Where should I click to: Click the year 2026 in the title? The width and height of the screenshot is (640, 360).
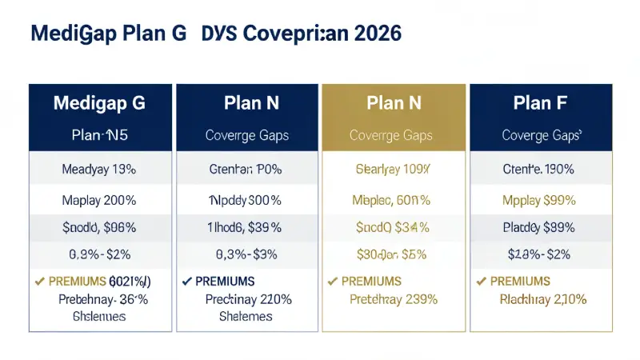click(x=374, y=34)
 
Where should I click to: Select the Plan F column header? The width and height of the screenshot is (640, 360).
click(x=541, y=103)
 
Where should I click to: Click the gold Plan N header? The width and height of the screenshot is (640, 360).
click(x=394, y=103)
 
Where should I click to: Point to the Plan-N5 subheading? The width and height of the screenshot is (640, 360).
click(x=99, y=135)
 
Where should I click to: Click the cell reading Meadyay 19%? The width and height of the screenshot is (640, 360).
click(x=99, y=170)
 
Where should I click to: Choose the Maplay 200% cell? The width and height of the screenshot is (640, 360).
click(x=99, y=198)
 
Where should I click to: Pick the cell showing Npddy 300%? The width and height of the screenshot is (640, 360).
click(x=246, y=198)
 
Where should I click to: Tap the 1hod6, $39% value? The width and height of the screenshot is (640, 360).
click(x=246, y=227)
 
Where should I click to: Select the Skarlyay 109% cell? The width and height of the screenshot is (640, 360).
click(x=394, y=170)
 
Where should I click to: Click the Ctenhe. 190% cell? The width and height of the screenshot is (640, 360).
click(x=541, y=170)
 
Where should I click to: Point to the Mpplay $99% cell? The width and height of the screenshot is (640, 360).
click(x=541, y=198)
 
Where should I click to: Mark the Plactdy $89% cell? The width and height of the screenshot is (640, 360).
click(x=541, y=227)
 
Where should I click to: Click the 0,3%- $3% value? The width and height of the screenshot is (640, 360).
click(x=246, y=255)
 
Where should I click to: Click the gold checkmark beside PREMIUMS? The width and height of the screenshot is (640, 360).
click(x=333, y=282)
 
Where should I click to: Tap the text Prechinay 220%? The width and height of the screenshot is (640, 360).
click(x=246, y=299)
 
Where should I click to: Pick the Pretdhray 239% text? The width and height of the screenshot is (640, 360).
click(x=394, y=299)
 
